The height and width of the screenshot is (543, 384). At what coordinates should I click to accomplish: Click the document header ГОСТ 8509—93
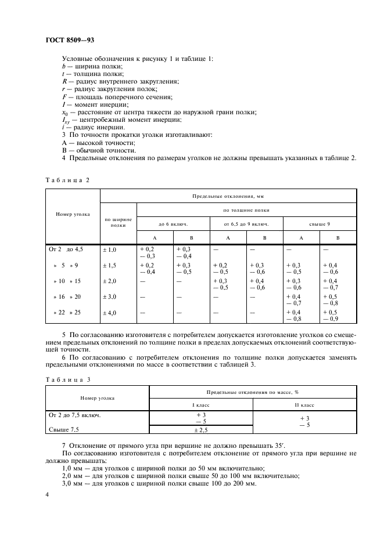click(x=70, y=41)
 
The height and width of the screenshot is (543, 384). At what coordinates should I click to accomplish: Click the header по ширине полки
click(x=118, y=222)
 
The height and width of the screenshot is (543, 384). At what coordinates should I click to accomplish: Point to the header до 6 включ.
click(x=173, y=223)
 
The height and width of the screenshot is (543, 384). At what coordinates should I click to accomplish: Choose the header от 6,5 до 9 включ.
click(x=246, y=223)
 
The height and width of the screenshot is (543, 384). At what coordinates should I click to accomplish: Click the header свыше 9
click(x=320, y=223)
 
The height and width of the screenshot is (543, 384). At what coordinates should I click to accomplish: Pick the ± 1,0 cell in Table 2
click(x=110, y=249)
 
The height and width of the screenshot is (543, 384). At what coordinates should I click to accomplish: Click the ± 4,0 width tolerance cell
click(x=110, y=313)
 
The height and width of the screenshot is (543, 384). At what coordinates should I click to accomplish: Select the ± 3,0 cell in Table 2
click(x=110, y=297)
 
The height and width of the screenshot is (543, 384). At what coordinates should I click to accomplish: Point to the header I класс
click(x=201, y=404)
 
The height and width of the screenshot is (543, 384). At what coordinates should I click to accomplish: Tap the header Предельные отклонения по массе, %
click(x=253, y=392)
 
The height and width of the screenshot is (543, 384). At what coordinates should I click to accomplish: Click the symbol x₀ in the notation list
click(x=64, y=112)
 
